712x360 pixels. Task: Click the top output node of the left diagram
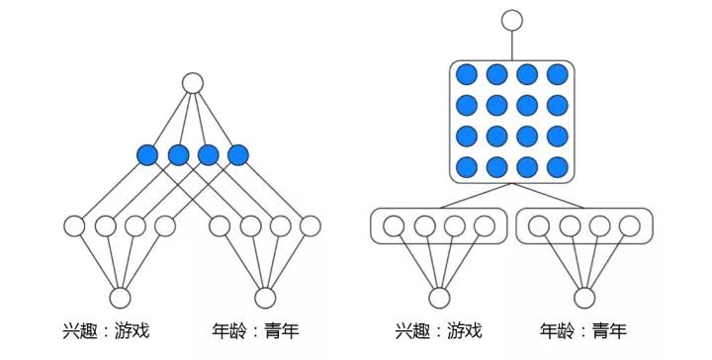pyautogui.click(x=193, y=83)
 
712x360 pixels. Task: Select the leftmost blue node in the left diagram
pyautogui.click(x=147, y=155)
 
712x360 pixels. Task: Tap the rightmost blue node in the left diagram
pyautogui.click(x=238, y=155)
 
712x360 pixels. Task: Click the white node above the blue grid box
pyautogui.click(x=512, y=21)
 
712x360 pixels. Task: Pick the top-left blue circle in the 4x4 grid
pyautogui.click(x=467, y=74)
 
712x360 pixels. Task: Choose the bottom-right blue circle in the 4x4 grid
pyautogui.click(x=558, y=167)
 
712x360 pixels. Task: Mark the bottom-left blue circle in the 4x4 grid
pyautogui.click(x=467, y=167)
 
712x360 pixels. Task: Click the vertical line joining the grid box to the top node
pyautogui.click(x=512, y=45)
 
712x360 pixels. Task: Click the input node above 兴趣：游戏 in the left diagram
pyautogui.click(x=121, y=298)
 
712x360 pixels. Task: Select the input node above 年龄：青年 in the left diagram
pyautogui.click(x=265, y=298)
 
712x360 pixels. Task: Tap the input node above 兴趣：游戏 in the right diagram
pyautogui.click(x=439, y=298)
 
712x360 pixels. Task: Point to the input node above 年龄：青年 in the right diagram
pyautogui.click(x=584, y=298)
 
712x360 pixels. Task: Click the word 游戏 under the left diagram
pyautogui.click(x=133, y=330)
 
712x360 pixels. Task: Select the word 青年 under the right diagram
pyautogui.click(x=609, y=331)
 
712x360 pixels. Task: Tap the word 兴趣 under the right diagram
pyautogui.click(x=411, y=331)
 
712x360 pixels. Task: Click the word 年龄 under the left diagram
pyautogui.click(x=229, y=330)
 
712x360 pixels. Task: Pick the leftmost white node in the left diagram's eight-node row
pyautogui.click(x=74, y=226)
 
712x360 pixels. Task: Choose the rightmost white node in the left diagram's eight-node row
pyautogui.click(x=311, y=226)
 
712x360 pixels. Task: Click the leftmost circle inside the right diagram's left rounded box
pyautogui.click(x=394, y=226)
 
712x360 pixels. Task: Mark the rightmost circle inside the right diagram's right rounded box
pyautogui.click(x=630, y=226)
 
